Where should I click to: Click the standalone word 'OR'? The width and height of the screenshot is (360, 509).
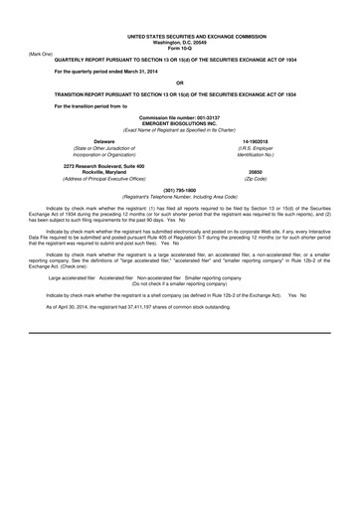point(179,83)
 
